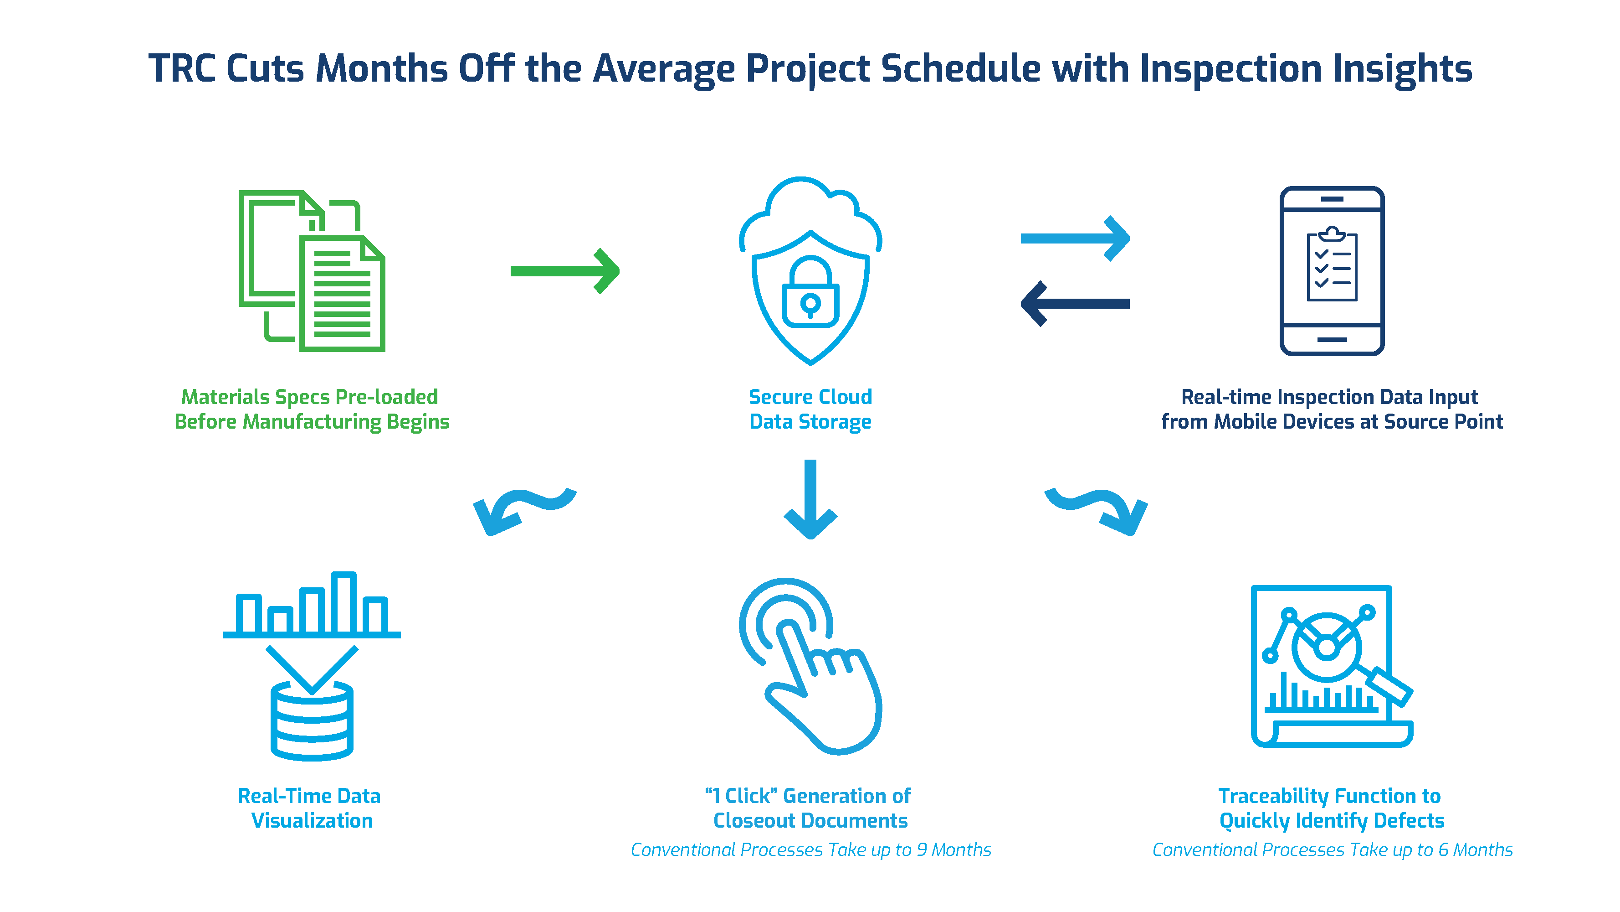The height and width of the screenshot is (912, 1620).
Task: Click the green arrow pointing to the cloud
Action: tap(564, 271)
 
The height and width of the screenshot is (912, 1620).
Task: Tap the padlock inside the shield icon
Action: tap(810, 296)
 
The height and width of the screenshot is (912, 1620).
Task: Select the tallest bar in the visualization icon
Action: tap(343, 602)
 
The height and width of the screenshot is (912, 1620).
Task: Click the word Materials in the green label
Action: tap(225, 397)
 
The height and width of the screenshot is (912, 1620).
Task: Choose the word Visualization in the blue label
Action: tap(312, 821)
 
